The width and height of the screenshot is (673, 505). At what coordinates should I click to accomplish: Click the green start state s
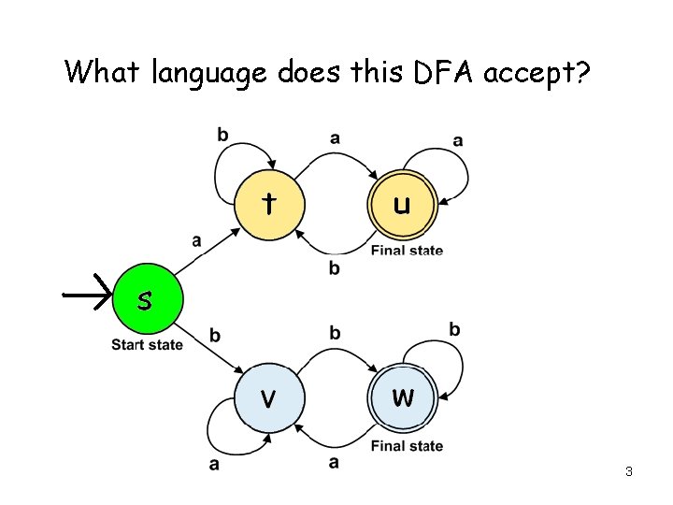click(144, 301)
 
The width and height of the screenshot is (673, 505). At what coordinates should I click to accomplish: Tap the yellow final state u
click(402, 204)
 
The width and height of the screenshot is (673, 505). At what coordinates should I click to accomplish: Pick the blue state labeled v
click(269, 397)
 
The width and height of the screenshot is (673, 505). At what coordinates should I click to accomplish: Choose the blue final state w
click(403, 397)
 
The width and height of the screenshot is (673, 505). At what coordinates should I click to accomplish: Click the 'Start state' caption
click(147, 345)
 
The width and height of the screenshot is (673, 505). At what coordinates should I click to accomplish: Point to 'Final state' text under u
click(407, 250)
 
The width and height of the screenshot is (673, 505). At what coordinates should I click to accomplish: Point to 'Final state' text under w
click(407, 446)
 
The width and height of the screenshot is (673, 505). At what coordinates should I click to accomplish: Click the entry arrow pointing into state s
click(88, 295)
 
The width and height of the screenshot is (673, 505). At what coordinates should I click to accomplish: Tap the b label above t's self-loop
click(222, 135)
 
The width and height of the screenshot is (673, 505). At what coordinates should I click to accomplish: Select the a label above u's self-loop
click(457, 140)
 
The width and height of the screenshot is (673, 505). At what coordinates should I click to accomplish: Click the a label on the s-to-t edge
click(196, 240)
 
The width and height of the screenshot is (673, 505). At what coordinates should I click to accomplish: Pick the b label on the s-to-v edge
click(215, 336)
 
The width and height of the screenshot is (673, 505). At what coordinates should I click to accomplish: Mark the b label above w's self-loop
click(454, 329)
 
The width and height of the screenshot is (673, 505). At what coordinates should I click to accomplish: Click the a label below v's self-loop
click(215, 464)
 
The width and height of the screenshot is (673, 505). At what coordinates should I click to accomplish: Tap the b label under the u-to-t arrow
click(335, 268)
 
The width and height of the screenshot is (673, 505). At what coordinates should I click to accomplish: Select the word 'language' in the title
click(210, 73)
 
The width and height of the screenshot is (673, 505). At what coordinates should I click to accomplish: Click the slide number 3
click(629, 471)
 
